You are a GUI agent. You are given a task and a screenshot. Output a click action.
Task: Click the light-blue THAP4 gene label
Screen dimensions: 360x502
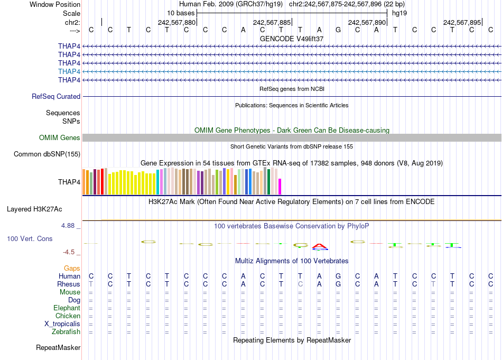[69, 71]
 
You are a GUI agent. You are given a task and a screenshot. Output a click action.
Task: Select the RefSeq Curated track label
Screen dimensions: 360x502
[56, 97]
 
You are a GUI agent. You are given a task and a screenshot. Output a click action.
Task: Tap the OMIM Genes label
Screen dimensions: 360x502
[60, 138]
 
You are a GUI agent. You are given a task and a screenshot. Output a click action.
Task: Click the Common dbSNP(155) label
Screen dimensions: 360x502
[47, 154]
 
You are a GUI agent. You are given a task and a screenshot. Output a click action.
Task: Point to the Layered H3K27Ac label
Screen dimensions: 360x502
[43, 209]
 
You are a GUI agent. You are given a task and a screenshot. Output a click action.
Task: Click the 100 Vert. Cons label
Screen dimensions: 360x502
[30, 239]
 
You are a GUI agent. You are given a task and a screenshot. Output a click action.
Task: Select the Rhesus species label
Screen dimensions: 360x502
[69, 284]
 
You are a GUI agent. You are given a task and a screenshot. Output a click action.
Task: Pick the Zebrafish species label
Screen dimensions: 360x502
[67, 332]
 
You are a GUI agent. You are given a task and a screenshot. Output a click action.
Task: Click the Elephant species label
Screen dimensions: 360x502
[67, 308]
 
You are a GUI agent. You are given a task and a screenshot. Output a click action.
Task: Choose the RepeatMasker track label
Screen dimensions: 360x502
[58, 348]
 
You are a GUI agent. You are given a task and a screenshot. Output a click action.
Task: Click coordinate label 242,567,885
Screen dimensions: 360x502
[272, 23]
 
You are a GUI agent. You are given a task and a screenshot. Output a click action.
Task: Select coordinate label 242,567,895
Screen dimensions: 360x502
[462, 23]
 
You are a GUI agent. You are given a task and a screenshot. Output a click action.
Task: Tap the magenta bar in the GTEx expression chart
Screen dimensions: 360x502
[280, 187]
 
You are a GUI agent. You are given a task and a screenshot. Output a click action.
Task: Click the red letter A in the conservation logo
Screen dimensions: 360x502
[320, 246]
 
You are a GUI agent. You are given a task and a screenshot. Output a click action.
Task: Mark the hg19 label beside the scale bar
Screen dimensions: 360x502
[399, 13]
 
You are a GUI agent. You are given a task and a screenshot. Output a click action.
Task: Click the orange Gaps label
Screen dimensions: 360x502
[72, 269]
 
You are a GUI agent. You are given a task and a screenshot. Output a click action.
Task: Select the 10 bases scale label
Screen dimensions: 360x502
[181, 13]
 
